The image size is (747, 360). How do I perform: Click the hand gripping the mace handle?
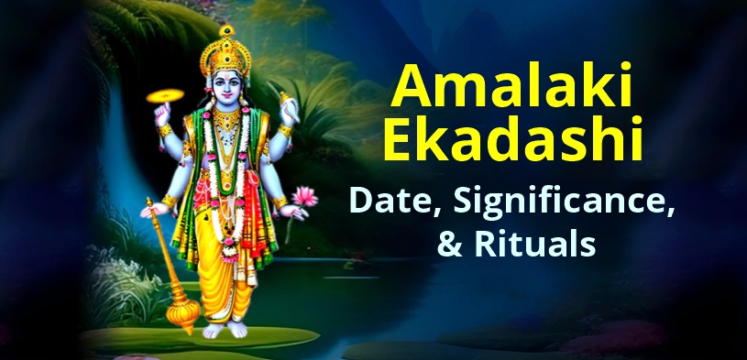point(151,209)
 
